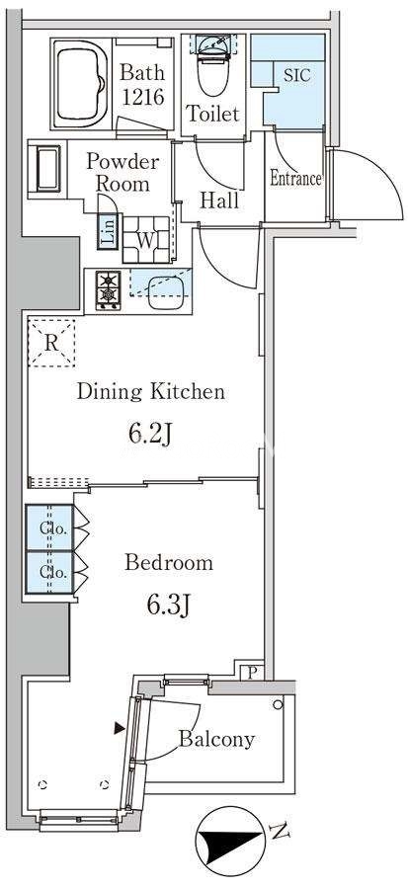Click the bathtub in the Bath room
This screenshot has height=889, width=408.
pos(81,84)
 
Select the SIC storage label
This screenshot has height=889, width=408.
pos(297,76)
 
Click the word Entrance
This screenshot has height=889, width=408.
pos(295,178)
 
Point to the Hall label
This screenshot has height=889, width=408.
pos(219,200)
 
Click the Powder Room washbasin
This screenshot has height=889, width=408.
pos(48,169)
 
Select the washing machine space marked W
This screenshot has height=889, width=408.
pos(146,240)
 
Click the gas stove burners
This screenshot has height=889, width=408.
pos(108,289)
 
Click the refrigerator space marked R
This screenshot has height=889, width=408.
pos(51,343)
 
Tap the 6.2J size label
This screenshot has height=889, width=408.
pos(149,435)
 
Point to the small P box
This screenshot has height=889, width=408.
pos(251,672)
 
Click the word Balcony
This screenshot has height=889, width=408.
pos(217,739)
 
